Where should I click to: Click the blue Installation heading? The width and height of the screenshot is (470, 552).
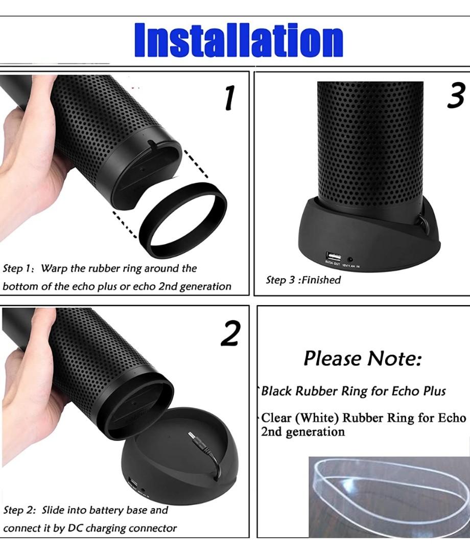(238, 40)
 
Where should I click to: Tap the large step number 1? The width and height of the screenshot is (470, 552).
(230, 99)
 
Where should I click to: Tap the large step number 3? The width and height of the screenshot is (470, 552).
(455, 97)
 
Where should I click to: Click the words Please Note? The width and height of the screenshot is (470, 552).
(363, 359)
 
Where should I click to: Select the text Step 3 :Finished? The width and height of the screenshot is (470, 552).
(303, 280)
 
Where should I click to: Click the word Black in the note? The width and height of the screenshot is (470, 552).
(276, 392)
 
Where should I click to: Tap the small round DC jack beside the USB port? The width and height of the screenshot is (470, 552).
(350, 260)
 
